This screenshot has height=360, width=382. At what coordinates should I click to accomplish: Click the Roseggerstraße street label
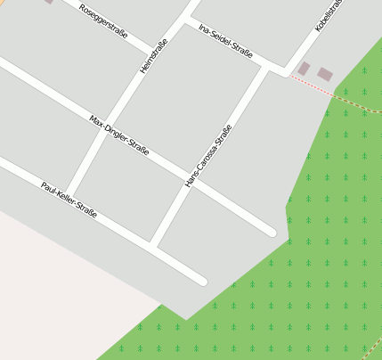click(x=103, y=21)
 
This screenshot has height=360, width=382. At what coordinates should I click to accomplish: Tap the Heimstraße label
click(x=154, y=55)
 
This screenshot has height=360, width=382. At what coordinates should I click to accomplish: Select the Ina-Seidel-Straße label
click(x=226, y=40)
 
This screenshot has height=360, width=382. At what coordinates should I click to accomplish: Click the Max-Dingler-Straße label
click(x=118, y=134)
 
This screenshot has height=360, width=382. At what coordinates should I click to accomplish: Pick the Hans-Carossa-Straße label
click(x=208, y=156)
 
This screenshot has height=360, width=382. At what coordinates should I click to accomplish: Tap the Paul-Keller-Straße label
click(x=69, y=200)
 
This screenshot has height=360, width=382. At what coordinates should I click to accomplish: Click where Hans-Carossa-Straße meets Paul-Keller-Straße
click(x=153, y=245)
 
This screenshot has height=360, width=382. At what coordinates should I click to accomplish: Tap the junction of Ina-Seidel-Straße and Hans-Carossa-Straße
click(x=266, y=66)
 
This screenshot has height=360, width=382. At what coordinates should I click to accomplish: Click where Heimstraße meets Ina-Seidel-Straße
click(x=187, y=19)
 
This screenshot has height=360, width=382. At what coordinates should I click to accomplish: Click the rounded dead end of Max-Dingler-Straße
click(x=271, y=233)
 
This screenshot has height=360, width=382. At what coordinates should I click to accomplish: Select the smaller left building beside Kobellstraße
click(x=304, y=69)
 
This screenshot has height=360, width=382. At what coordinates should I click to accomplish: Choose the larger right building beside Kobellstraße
click(x=325, y=75)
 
